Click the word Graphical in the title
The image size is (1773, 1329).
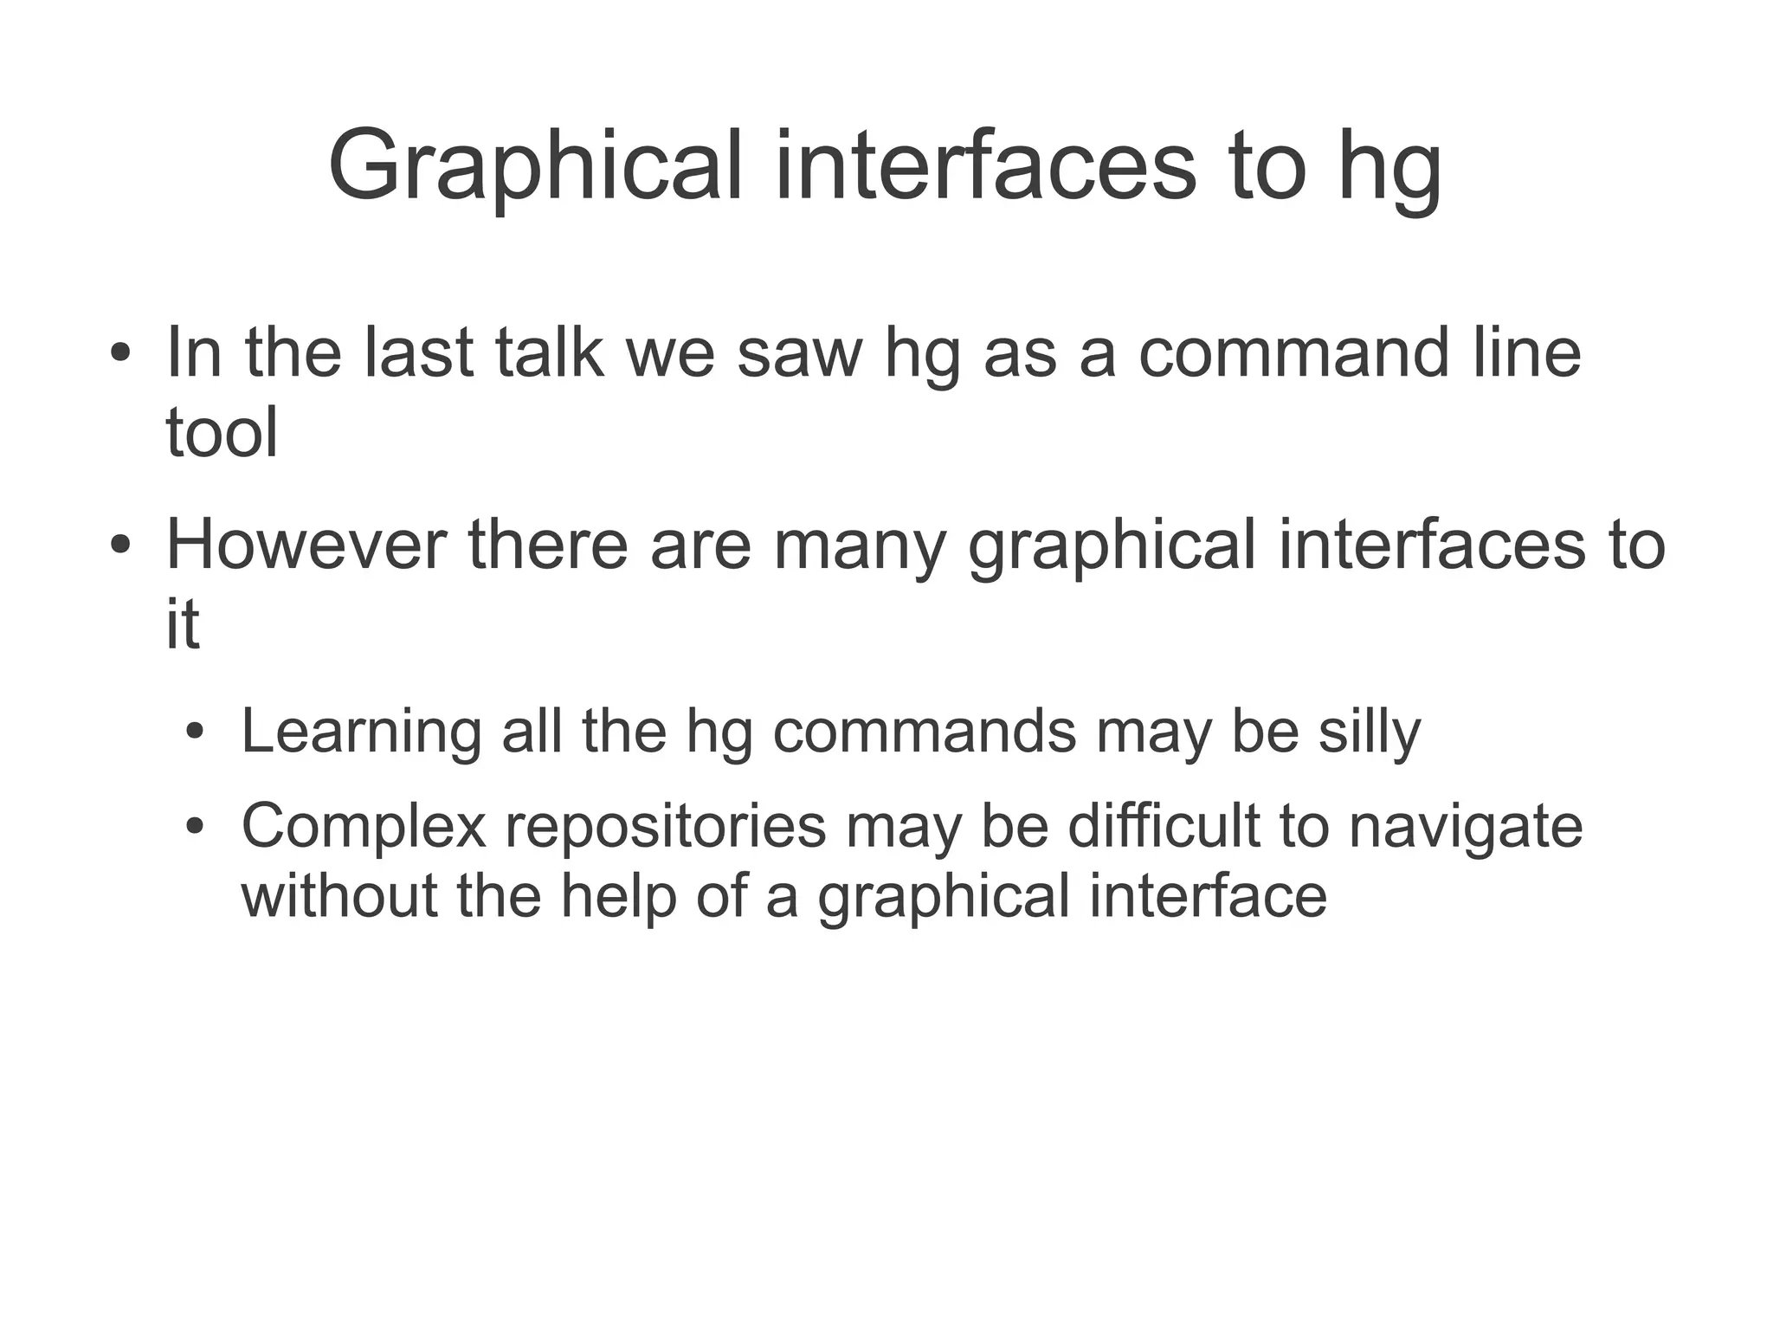[535, 167]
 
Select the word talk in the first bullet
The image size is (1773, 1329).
[549, 352]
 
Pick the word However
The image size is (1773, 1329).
[306, 545]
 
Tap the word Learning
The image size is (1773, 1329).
[360, 732]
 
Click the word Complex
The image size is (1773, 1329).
[364, 827]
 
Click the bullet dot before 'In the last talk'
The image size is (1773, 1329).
[120, 354]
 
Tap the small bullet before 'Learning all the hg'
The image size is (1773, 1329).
[196, 733]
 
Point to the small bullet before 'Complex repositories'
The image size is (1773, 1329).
[196, 828]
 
